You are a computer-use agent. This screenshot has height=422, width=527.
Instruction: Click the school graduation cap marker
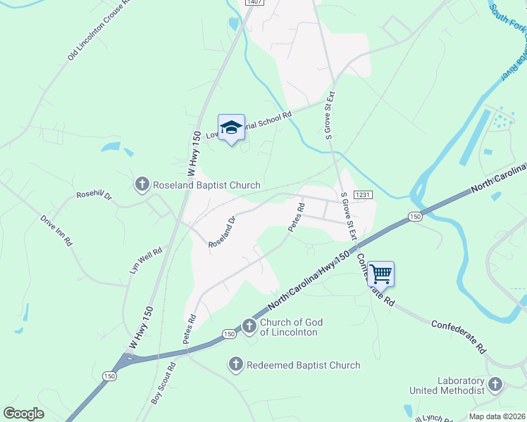point(231,127)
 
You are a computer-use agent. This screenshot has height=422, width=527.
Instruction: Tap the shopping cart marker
point(380,273)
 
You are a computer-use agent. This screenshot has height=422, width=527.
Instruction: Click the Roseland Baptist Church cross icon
point(142,185)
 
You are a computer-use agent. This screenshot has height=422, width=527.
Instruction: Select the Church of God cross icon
point(249,326)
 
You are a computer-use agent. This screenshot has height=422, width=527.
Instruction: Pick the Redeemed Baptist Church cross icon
point(235,364)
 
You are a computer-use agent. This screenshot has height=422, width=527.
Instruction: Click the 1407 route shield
point(254,3)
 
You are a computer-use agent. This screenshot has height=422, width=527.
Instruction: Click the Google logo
point(23,414)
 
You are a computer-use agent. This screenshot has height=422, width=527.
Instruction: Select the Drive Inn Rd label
point(56,230)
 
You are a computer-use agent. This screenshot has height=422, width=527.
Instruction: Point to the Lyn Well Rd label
point(146,260)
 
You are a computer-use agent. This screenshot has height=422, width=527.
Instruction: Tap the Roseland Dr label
point(221,231)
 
